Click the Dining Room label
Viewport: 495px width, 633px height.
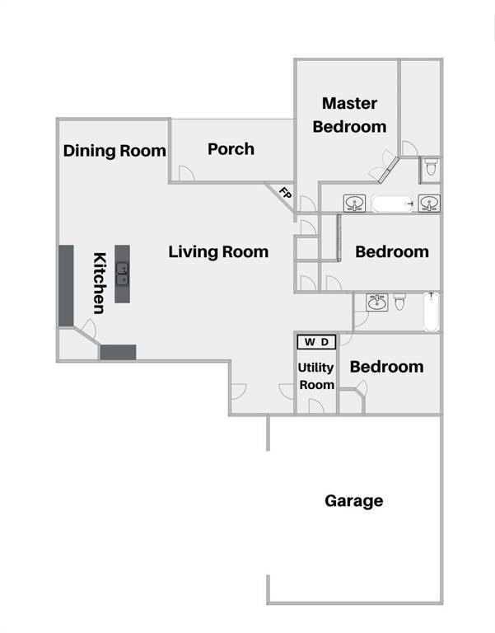tap(114, 151)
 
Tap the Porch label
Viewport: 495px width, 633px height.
tap(231, 149)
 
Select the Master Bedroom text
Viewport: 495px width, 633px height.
tap(349, 115)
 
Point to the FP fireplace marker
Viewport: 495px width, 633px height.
tap(285, 195)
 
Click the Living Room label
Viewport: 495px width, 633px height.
tap(218, 251)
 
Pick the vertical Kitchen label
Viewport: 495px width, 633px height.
tap(99, 283)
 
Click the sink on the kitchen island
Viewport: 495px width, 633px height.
tap(122, 272)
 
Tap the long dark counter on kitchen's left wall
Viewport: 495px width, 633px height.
tap(66, 285)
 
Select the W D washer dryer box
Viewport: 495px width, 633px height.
tap(315, 341)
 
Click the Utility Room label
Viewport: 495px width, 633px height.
tap(316, 377)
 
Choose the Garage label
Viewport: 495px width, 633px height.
tap(353, 500)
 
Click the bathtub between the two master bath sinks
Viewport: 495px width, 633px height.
tap(391, 203)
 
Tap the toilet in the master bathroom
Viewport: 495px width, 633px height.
tap(431, 168)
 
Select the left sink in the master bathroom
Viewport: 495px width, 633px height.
tap(355, 203)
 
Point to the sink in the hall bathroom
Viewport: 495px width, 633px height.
tap(376, 302)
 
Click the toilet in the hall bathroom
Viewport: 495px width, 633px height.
tap(399, 302)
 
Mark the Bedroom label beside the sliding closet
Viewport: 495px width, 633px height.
tap(392, 251)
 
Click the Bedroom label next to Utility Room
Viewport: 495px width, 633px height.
tap(387, 366)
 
